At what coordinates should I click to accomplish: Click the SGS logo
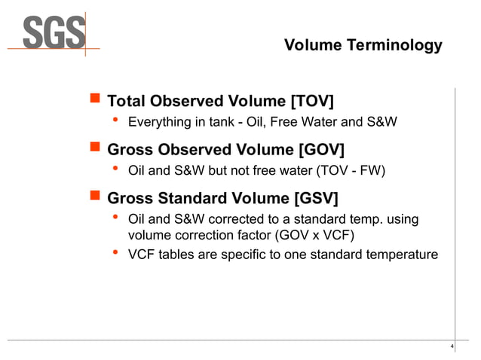53,32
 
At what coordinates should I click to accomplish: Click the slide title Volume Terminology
363,46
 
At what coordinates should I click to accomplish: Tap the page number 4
451,346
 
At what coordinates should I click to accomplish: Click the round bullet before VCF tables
115,254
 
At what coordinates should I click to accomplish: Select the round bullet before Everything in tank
115,121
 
